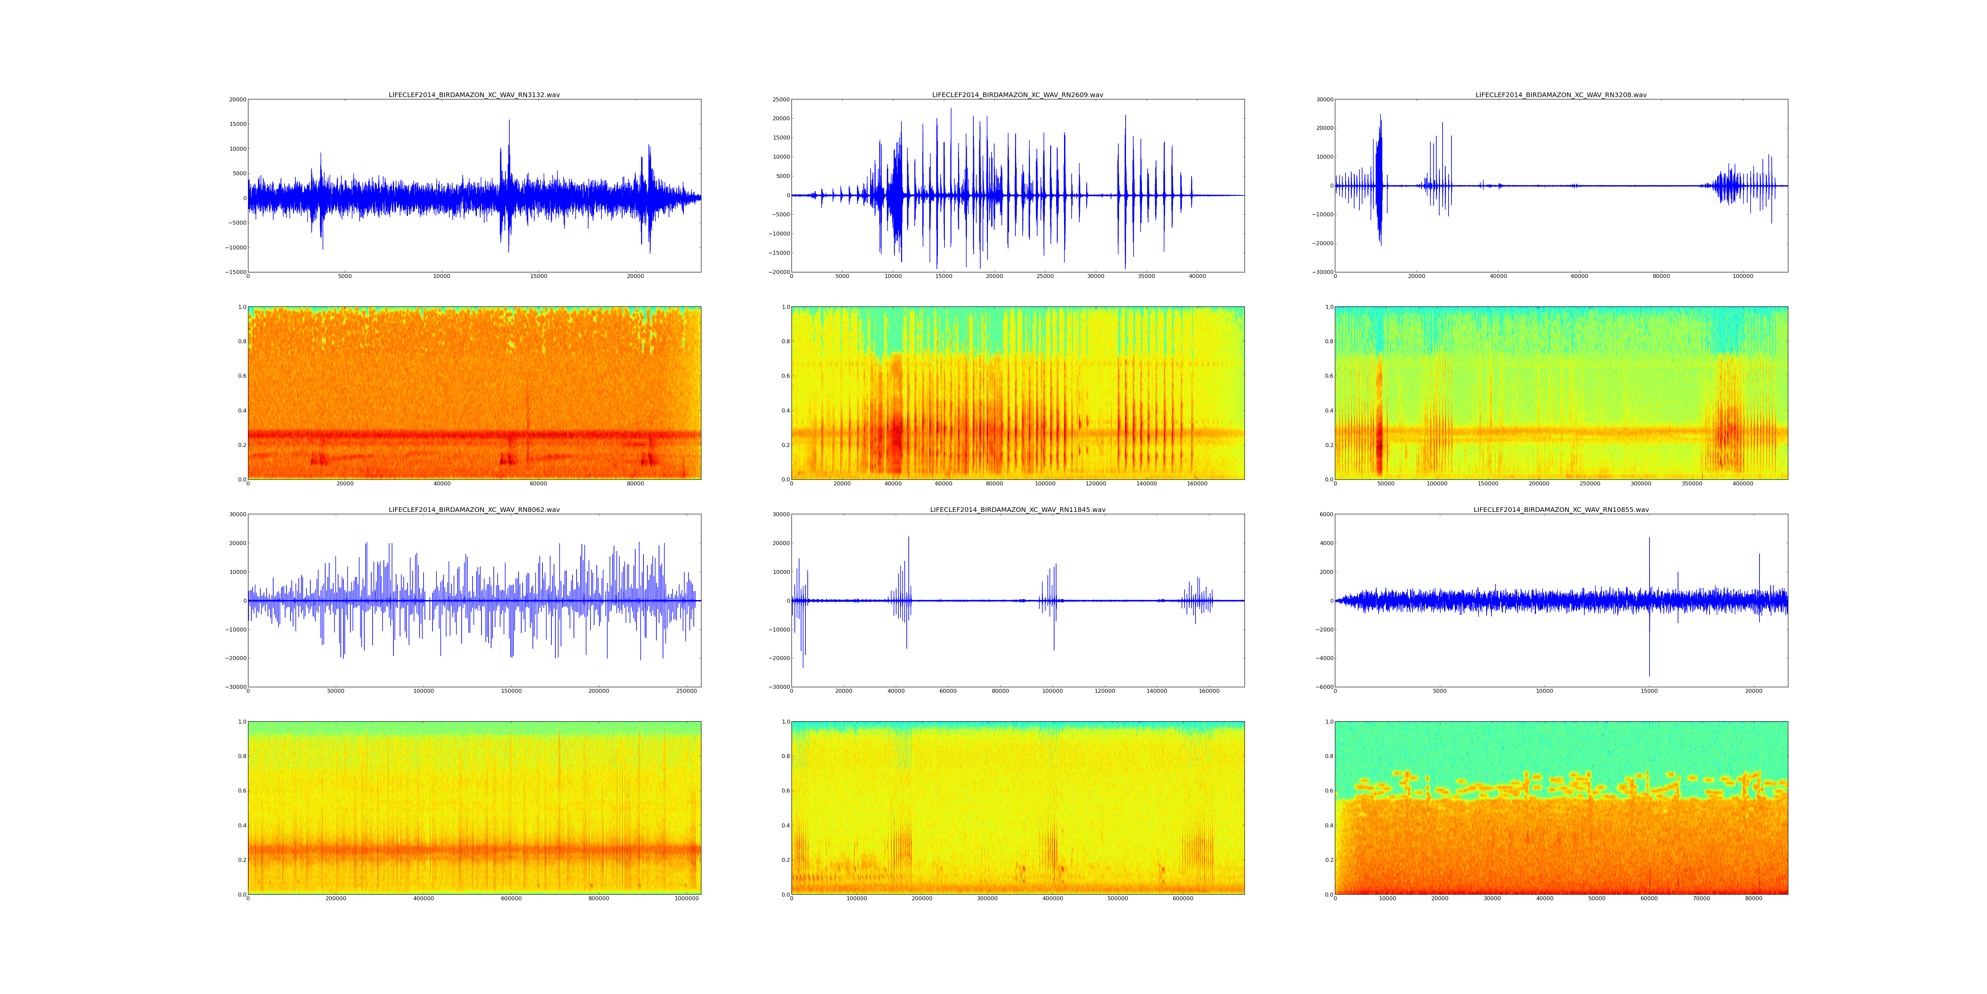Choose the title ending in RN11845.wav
pos(1017,509)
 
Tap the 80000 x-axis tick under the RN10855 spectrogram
pos(1753,898)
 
